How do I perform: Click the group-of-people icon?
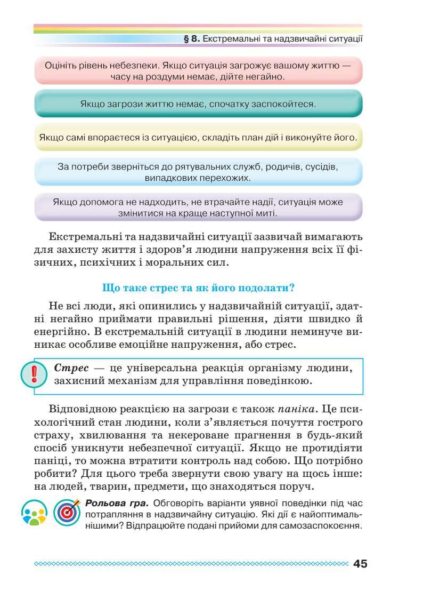34,513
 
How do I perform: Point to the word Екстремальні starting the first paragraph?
85,236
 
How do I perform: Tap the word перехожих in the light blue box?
221,178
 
